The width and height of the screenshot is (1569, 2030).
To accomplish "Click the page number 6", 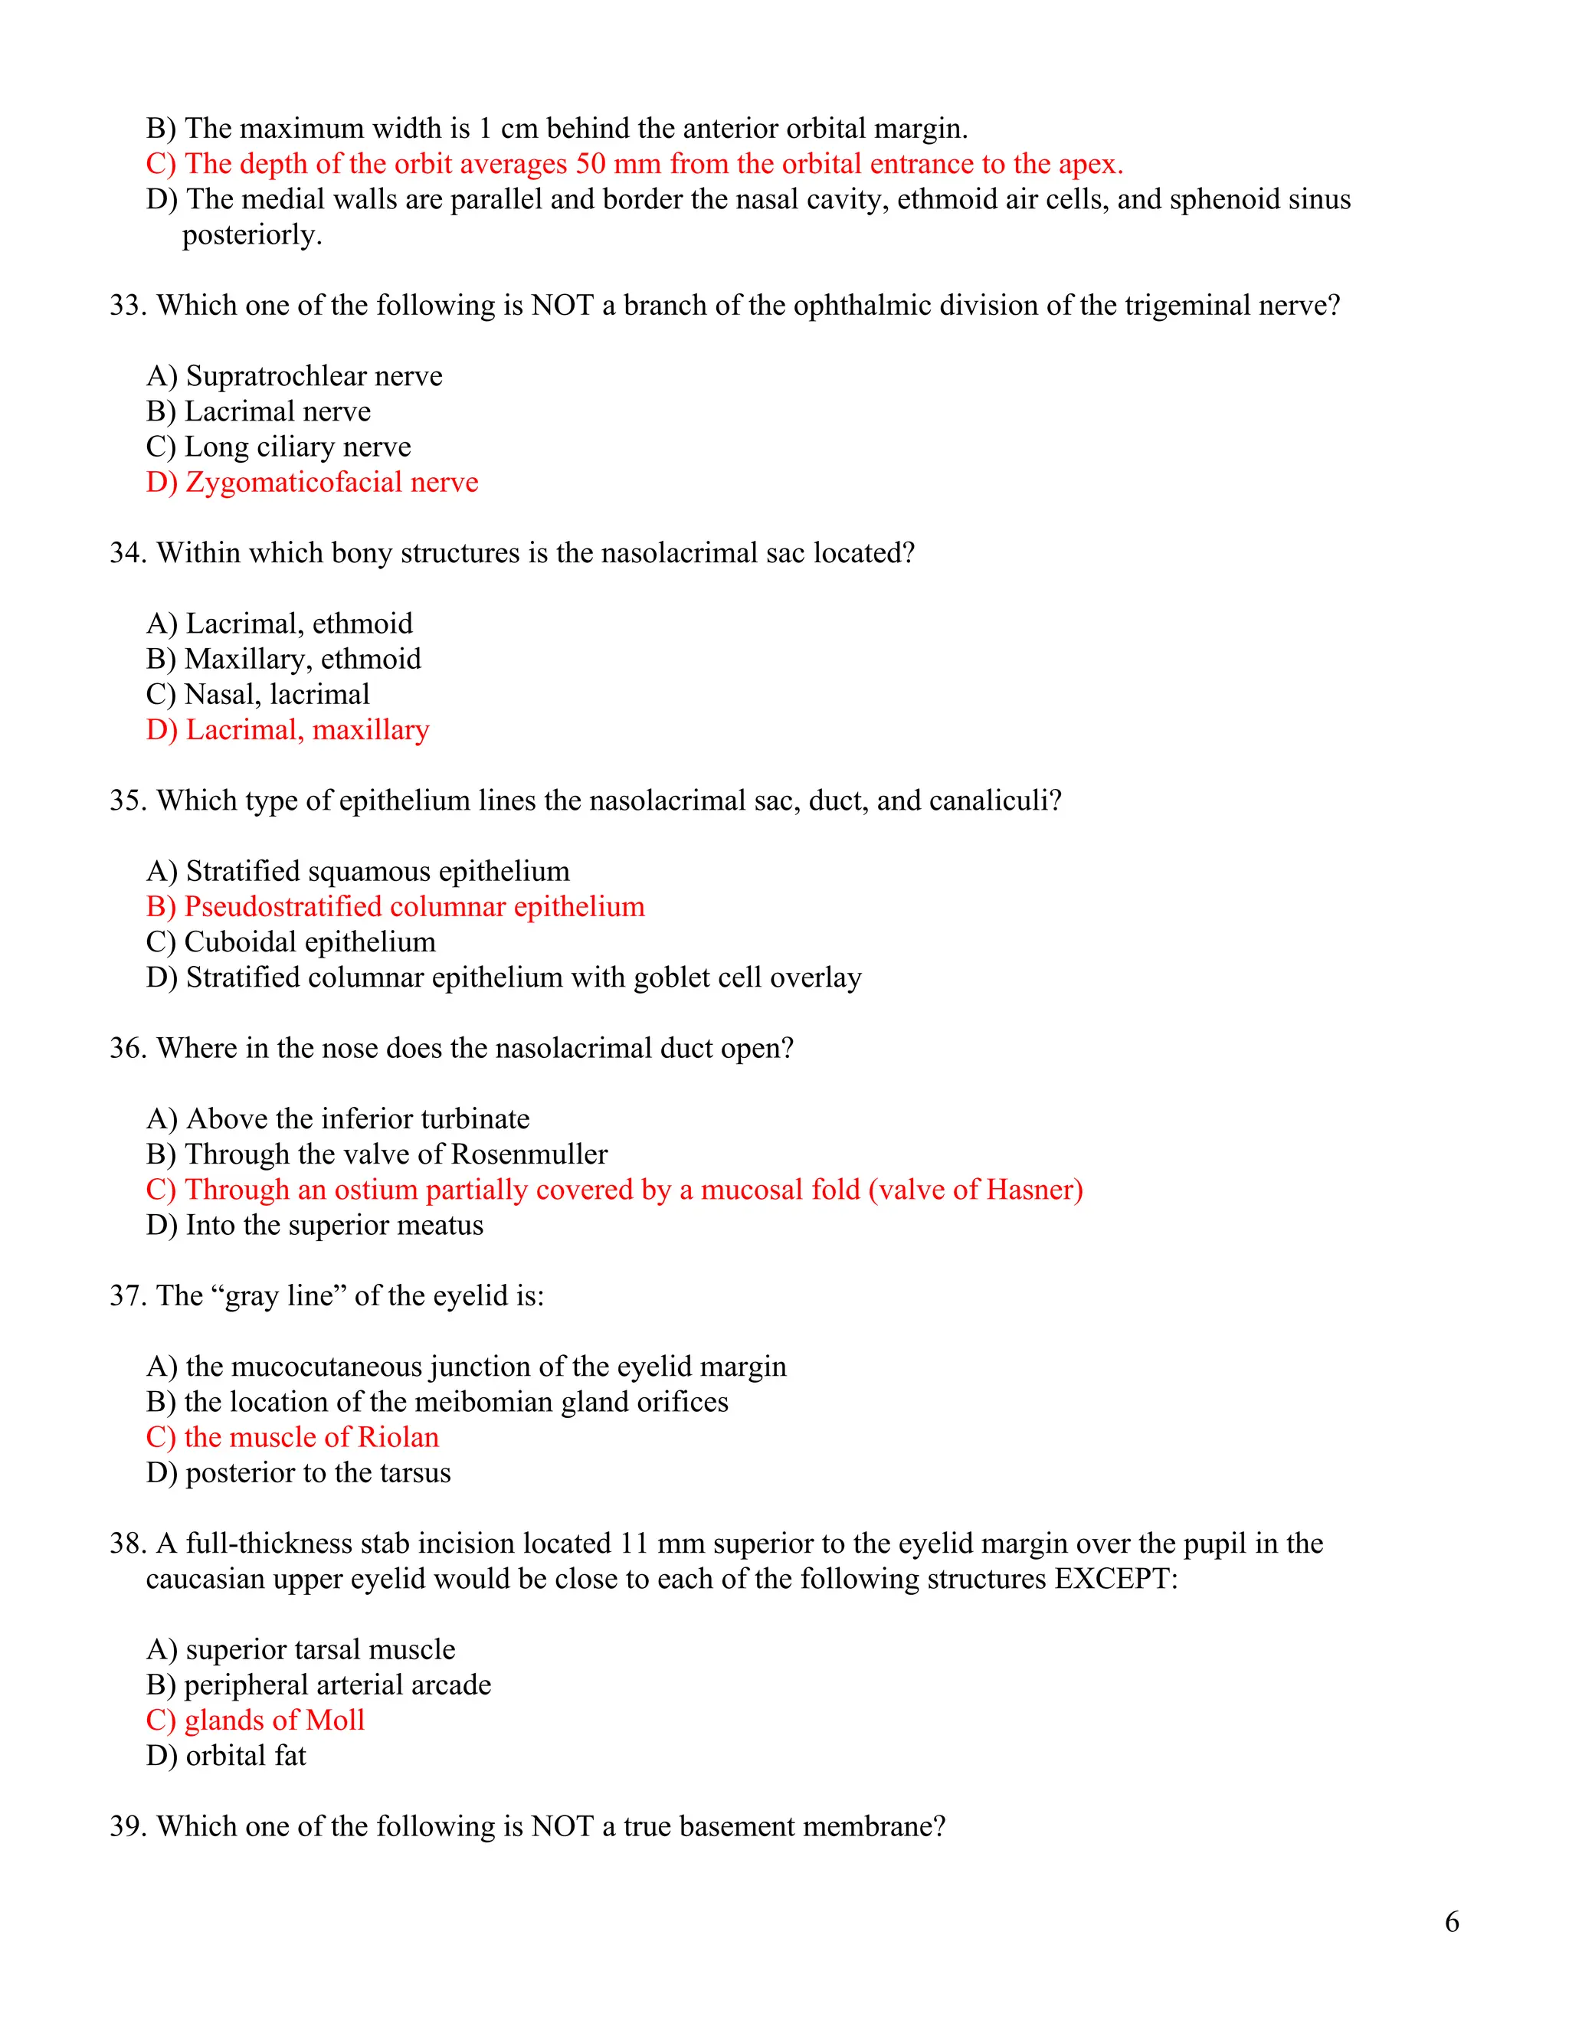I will point(1452,1921).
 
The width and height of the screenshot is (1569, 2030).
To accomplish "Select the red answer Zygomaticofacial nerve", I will point(313,483).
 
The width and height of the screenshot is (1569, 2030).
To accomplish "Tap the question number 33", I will point(126,306).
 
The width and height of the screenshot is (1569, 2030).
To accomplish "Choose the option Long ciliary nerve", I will point(278,447).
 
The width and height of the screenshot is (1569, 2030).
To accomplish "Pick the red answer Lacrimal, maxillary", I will point(287,731).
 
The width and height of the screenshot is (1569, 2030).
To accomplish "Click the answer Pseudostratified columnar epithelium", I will point(395,907).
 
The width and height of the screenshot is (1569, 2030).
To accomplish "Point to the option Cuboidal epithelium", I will point(290,942).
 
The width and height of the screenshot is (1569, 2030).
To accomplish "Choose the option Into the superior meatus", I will point(314,1225).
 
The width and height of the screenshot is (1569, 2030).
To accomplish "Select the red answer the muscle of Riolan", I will point(292,1438).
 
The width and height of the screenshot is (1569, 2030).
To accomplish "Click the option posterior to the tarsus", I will point(298,1473).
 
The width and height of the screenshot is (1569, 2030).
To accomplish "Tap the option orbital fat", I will point(226,1756).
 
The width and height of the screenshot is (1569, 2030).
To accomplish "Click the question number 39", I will point(126,1826).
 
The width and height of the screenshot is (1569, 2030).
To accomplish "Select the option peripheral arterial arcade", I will point(318,1685).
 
